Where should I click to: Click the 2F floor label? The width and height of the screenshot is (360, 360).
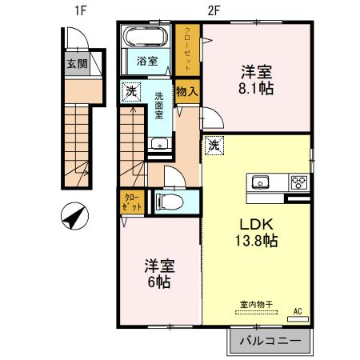tap(214, 10)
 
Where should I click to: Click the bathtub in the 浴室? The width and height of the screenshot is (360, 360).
tap(143, 38)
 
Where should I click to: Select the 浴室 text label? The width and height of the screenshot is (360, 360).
tap(146, 60)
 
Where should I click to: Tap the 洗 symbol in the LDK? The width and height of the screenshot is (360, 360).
tap(213, 146)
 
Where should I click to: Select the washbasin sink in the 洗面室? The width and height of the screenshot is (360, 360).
tap(158, 145)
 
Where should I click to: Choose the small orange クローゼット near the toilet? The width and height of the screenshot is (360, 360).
tap(133, 202)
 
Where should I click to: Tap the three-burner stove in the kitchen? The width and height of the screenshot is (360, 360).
tap(298, 181)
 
